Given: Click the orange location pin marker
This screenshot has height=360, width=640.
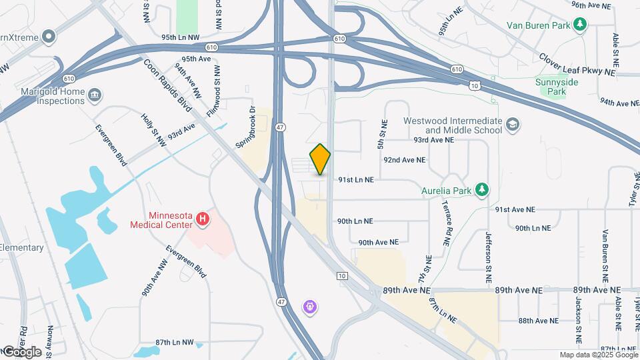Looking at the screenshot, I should (x=321, y=159).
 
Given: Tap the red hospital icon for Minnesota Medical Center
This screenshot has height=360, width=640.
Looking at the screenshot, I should (x=204, y=218).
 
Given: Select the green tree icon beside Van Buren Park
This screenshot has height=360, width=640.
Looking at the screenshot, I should (x=581, y=25).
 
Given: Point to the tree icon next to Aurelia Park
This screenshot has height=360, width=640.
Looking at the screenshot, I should (x=481, y=191).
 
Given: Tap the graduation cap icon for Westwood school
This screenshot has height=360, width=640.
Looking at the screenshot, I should (x=513, y=125).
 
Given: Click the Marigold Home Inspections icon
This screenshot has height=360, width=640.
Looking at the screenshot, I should (x=95, y=96).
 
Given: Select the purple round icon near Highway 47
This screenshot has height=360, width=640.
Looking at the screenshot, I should (x=310, y=307).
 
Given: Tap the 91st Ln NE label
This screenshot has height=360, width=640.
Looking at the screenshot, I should (x=355, y=180).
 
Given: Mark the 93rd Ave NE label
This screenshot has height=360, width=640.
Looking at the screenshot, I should (x=433, y=141).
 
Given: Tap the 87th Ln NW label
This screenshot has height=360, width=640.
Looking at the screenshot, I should (x=174, y=343).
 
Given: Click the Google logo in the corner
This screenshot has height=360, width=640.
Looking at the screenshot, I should (x=21, y=352).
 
